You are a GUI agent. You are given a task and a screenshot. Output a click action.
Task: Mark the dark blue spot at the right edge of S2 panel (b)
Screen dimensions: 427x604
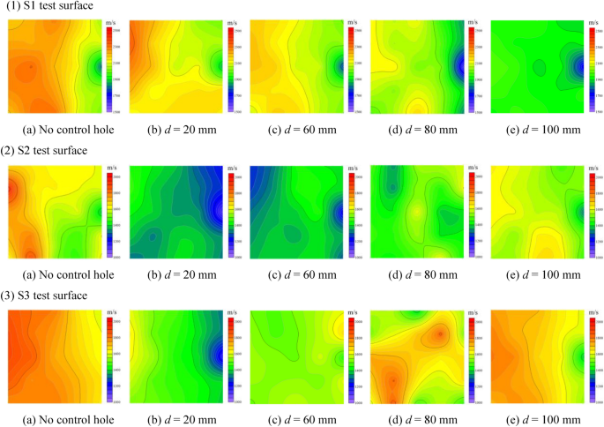[x=218, y=210]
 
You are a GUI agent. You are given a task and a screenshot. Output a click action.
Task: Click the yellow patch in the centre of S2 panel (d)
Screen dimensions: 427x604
[x=414, y=212]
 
